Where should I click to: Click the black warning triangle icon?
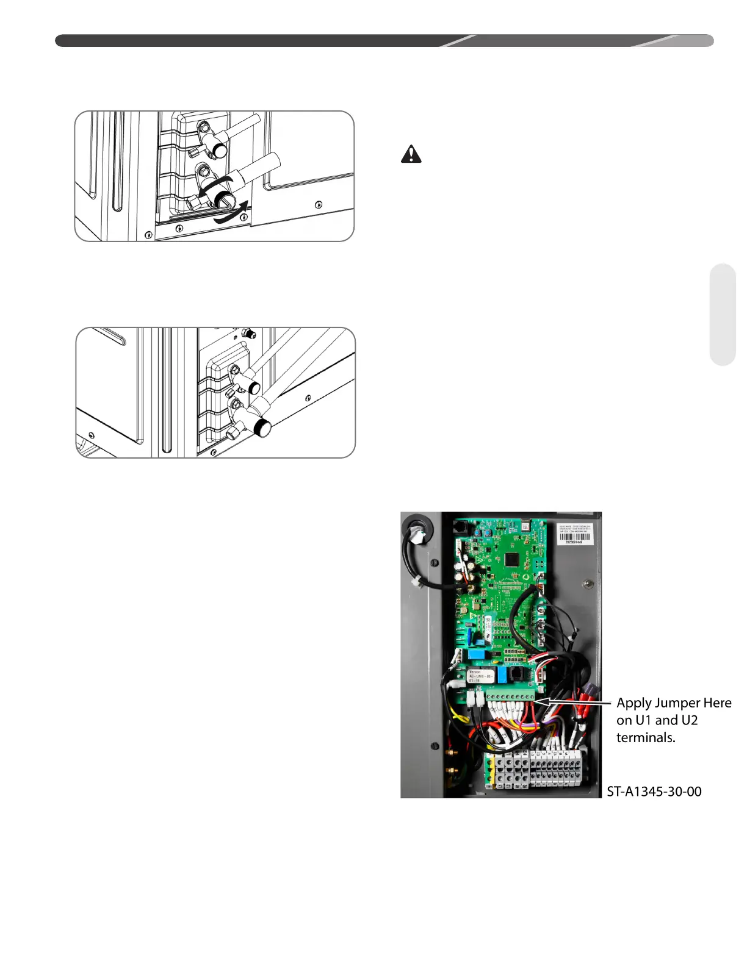click(x=411, y=154)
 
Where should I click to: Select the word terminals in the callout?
click(x=645, y=737)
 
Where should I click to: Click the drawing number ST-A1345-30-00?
click(x=654, y=792)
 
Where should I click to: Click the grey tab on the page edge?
click(x=723, y=314)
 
